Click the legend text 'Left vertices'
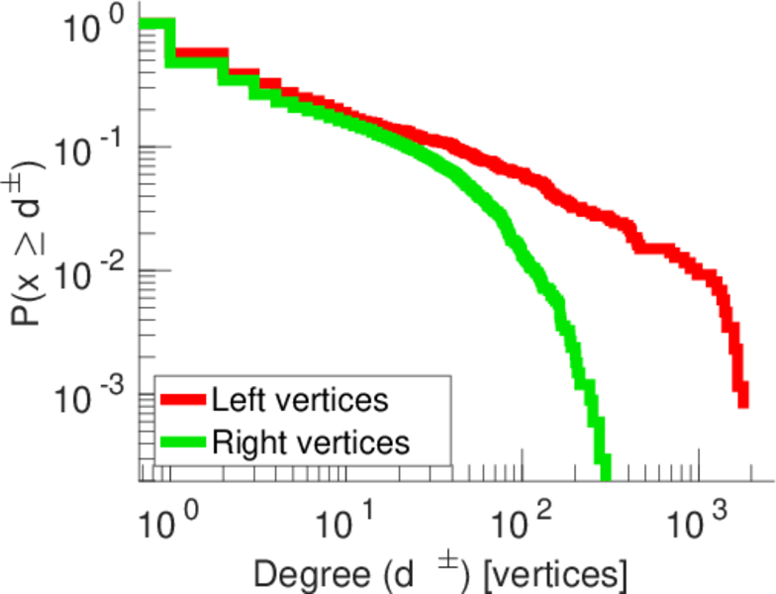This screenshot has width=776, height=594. pos(299,401)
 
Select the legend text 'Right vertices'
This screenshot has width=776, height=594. pos(309,442)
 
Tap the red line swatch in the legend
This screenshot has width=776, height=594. pos(183,401)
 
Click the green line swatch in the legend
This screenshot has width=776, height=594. pos(183,442)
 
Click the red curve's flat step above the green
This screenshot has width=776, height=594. pos(198,52)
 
